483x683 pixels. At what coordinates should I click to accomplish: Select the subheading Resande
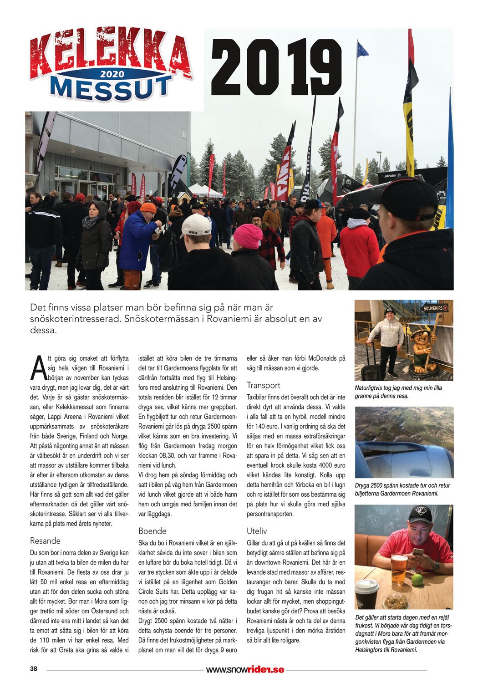tap(45, 541)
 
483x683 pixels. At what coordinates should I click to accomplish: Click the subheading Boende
tap(152, 531)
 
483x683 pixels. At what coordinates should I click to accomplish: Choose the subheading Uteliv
tap(257, 531)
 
